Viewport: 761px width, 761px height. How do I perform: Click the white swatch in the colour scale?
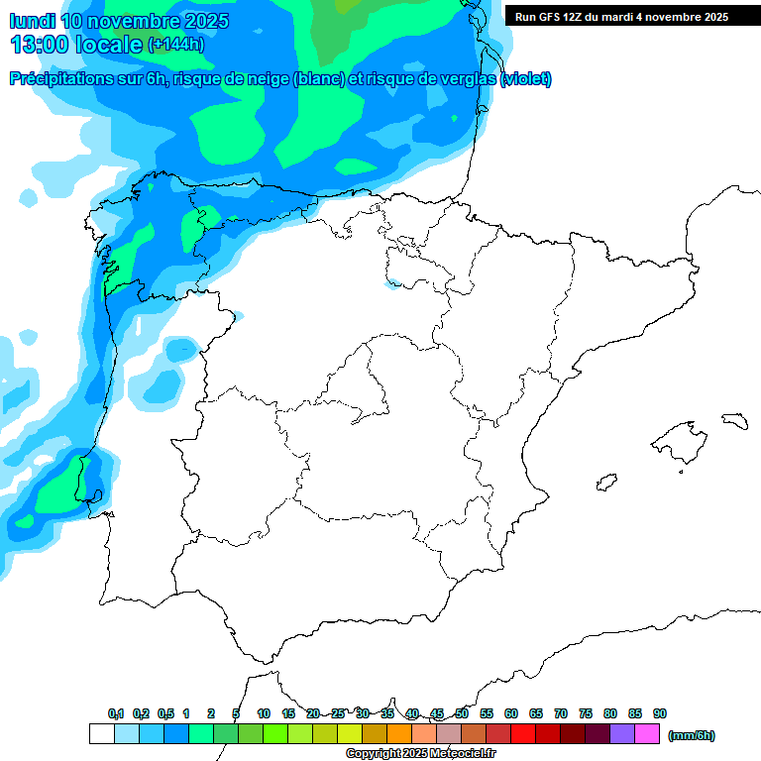101,733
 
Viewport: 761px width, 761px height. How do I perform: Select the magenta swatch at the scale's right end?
647,733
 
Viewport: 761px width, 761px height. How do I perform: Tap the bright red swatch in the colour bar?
523,733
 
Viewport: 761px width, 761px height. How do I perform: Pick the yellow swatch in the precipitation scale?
350,733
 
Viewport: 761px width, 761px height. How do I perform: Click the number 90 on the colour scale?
660,713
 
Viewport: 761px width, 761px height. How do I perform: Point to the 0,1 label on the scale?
116,713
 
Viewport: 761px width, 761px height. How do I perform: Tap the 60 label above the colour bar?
511,713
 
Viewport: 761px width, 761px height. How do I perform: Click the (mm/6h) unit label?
691,735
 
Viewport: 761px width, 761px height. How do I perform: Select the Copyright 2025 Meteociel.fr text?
421,754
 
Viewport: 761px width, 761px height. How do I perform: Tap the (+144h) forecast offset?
175,45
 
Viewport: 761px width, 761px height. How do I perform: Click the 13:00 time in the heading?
39,45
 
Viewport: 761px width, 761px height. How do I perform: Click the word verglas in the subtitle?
465,79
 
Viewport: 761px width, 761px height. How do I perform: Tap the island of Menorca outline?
734,421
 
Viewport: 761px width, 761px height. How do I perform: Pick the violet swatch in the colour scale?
622,733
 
